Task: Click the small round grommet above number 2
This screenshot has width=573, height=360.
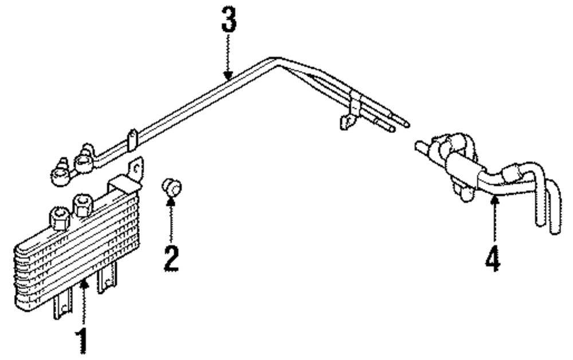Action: [170, 186]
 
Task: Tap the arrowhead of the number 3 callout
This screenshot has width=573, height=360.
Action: [229, 75]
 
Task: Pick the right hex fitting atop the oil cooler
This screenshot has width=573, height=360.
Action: [83, 205]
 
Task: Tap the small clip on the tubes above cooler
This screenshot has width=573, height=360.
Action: [133, 139]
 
